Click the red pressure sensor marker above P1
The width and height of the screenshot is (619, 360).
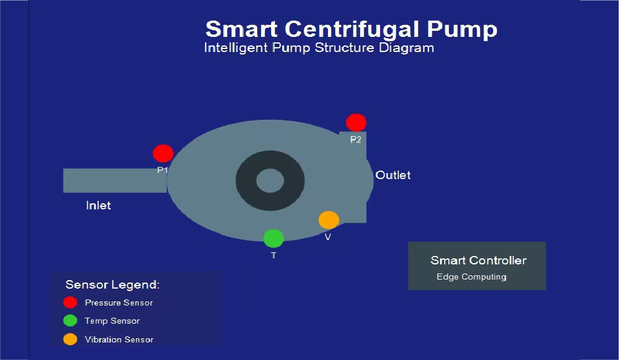[163, 153]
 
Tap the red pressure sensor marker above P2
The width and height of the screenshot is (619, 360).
[356, 123]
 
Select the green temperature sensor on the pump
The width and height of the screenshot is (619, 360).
[273, 238]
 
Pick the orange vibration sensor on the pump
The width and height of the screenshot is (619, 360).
[329, 220]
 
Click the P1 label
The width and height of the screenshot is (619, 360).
[162, 171]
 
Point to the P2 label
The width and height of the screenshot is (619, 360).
[356, 140]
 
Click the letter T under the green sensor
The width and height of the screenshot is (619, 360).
[273, 256]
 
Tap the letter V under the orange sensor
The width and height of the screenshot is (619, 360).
[328, 237]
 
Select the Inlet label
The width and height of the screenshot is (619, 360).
[99, 206]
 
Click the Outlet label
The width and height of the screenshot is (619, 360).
[393, 175]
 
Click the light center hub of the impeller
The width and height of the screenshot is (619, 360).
[270, 180]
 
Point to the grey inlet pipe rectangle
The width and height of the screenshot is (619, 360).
[114, 180]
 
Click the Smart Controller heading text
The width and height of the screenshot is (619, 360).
[478, 261]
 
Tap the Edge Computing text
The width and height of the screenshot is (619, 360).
[471, 277]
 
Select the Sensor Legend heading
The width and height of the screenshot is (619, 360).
[113, 284]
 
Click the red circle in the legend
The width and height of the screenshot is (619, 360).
[70, 303]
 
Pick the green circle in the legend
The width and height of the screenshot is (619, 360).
[70, 321]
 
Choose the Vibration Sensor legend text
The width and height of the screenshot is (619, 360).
[119, 339]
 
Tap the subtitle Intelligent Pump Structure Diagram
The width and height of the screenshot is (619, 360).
[319, 48]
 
